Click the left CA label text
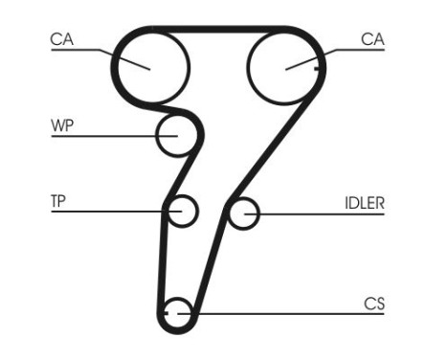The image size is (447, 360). click(62, 39)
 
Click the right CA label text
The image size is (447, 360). click(373, 39)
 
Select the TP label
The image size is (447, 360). click(58, 201)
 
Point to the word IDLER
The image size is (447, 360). click(364, 203)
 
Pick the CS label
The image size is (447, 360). click(374, 304)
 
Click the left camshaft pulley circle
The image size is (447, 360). click(151, 65)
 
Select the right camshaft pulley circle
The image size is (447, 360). click(285, 65)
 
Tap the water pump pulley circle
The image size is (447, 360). click(177, 135)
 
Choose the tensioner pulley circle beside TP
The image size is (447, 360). click(182, 211)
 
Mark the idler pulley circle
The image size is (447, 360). click(244, 213)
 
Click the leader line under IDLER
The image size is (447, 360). click(325, 213)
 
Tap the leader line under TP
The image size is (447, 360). click(105, 212)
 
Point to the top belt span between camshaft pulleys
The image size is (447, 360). click(218, 30)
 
